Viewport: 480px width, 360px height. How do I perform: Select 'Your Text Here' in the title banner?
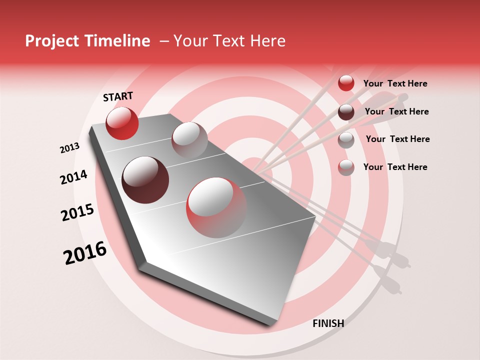pyautogui.click(x=229, y=41)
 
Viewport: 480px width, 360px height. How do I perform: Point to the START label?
pyautogui.click(x=118, y=96)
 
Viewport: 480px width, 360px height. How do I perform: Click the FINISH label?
pyautogui.click(x=328, y=323)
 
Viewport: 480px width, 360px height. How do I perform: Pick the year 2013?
pyautogui.click(x=69, y=148)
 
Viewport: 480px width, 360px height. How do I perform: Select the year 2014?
pyautogui.click(x=73, y=177)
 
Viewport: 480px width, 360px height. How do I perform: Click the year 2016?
pyautogui.click(x=85, y=253)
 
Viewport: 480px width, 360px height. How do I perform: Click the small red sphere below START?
pyautogui.click(x=122, y=123)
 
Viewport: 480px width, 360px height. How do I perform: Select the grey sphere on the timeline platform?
pyautogui.click(x=189, y=140)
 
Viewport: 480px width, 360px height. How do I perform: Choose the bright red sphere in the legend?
pyautogui.click(x=346, y=83)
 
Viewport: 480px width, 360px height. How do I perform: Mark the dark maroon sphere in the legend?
pyautogui.click(x=346, y=112)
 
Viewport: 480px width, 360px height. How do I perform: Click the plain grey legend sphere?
pyautogui.click(x=346, y=140)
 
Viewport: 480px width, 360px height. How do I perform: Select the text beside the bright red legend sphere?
pyautogui.click(x=395, y=83)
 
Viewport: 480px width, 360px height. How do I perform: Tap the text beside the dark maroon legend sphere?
pyautogui.click(x=396, y=111)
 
